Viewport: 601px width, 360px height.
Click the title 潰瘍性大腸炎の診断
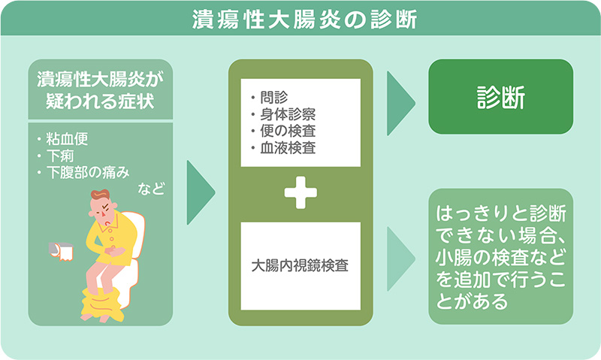coord(304,20)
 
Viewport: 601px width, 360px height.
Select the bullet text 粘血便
coord(67,139)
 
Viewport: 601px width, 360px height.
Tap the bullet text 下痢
coord(60,156)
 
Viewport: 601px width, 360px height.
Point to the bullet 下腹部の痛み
coord(88,173)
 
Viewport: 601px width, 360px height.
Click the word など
coord(151,189)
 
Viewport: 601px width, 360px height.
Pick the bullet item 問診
coord(274,98)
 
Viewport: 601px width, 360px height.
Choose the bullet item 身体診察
coord(288,114)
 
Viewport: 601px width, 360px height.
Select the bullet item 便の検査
coord(288,131)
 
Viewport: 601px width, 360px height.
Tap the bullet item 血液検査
coord(288,148)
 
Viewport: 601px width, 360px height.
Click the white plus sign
coord(300,192)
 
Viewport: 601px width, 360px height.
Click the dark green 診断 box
coord(500,97)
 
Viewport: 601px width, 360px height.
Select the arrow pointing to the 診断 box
coord(401,103)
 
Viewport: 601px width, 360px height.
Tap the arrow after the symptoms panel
coord(201,192)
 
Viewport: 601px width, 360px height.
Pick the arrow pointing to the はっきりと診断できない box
coord(401,259)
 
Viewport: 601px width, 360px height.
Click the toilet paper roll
coord(62,251)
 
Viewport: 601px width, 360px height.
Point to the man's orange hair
coord(100,195)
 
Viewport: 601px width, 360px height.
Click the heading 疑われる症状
coord(100,101)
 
